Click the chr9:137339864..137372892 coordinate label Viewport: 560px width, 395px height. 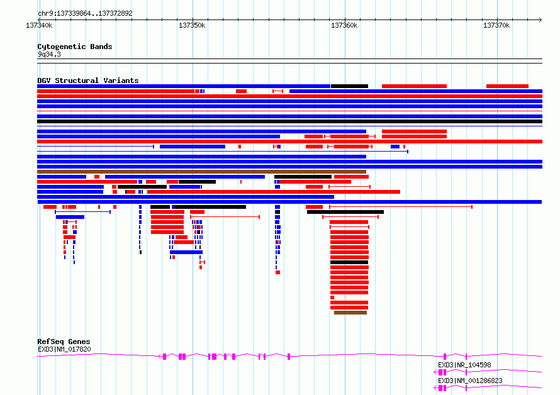(85, 13)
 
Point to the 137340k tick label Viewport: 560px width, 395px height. (39, 25)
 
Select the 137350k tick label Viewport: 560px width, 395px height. (192, 25)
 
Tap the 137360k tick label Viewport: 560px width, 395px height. (344, 25)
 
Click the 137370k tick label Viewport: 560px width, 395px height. (496, 25)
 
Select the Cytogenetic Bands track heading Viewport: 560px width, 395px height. (74, 47)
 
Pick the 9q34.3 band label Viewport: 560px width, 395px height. (49, 54)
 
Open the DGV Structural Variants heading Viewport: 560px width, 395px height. (87, 81)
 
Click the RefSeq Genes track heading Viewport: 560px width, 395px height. (64, 342)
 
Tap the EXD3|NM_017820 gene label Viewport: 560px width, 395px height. (64, 349)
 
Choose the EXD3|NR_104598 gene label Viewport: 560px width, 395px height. (464, 365)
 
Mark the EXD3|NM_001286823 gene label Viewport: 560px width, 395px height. (470, 381)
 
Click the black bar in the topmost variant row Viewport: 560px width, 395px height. (349, 86)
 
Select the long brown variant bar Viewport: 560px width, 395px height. (201, 172)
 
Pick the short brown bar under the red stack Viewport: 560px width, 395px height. (350, 313)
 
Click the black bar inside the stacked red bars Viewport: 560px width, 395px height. (349, 262)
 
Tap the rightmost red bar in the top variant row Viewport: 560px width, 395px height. (507, 86)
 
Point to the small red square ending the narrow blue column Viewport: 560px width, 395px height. (277, 272)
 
